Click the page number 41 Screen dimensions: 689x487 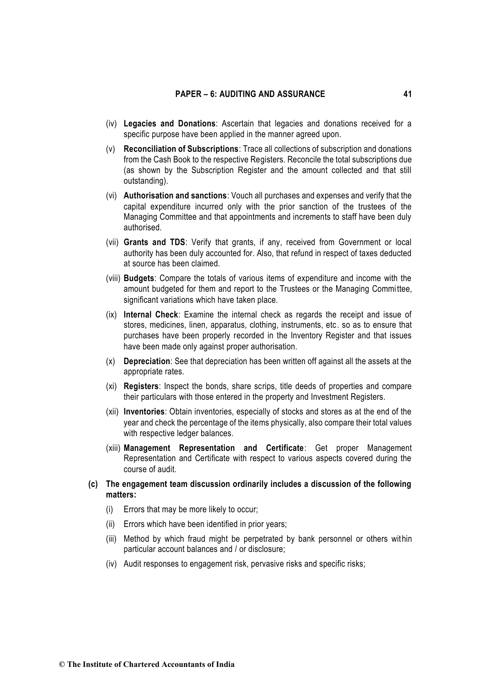(407, 94)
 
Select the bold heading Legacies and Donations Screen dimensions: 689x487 (169, 124)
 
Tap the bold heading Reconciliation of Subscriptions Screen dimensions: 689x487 (181, 149)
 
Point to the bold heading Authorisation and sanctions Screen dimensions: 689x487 (175, 196)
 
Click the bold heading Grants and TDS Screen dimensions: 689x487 (154, 243)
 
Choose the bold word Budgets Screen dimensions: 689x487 (139, 279)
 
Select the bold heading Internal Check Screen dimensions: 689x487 (151, 315)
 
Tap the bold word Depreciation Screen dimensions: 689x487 (146, 361)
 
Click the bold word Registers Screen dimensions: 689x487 (141, 386)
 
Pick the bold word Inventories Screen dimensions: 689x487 (144, 412)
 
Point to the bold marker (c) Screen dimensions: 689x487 (93, 484)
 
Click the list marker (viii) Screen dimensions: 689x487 (113, 279)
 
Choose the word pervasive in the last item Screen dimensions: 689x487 (266, 564)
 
